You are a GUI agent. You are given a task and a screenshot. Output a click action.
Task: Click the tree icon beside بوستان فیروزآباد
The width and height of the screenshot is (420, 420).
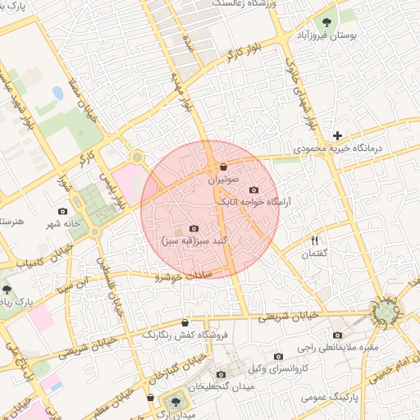pos(328,22)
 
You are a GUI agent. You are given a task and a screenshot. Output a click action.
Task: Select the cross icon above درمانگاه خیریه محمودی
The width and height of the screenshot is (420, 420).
pos(337,135)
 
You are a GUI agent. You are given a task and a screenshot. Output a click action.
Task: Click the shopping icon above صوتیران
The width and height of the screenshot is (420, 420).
pos(224,167)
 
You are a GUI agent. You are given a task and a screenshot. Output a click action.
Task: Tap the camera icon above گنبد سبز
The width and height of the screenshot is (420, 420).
pos(194,228)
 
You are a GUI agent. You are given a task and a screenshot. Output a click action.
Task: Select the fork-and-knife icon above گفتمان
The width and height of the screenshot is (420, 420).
pos(314,240)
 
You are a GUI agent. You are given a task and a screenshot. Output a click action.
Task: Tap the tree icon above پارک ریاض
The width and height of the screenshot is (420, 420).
pos(7,290)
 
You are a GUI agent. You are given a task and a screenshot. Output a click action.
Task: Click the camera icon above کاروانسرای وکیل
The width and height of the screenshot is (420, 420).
pos(279,357)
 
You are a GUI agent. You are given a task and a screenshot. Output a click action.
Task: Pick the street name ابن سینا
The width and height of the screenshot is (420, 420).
pos(72,286)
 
